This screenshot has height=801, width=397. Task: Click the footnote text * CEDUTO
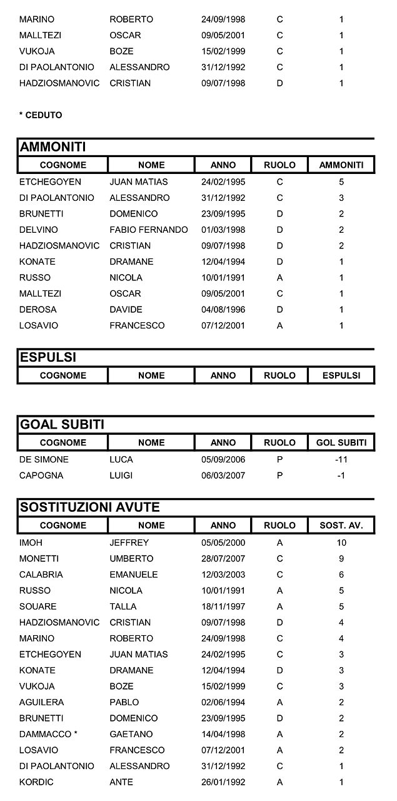[x=41, y=115]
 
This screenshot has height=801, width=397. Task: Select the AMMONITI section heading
[x=53, y=147]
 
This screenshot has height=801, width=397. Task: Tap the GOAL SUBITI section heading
[x=62, y=425]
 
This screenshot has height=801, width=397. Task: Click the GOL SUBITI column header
[x=341, y=442]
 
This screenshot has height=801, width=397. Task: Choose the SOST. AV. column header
[x=341, y=525]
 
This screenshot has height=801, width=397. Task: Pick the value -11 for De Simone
[x=341, y=459]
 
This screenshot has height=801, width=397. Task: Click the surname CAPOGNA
[x=40, y=476]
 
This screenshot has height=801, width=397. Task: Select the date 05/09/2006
[x=223, y=459]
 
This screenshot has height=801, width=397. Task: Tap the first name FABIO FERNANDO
[x=148, y=230]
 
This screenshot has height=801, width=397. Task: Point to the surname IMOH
[x=31, y=543]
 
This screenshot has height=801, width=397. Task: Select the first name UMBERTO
[x=131, y=559]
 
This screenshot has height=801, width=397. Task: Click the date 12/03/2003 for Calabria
[x=223, y=574]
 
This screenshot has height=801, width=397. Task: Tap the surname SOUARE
[x=38, y=606]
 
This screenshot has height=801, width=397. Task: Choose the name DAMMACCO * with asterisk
[x=48, y=734]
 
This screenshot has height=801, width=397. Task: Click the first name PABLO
[x=124, y=702]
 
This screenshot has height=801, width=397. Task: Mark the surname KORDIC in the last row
[x=36, y=782]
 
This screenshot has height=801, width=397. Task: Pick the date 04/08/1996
[x=223, y=310]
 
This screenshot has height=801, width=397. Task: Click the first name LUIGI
[x=121, y=476]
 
